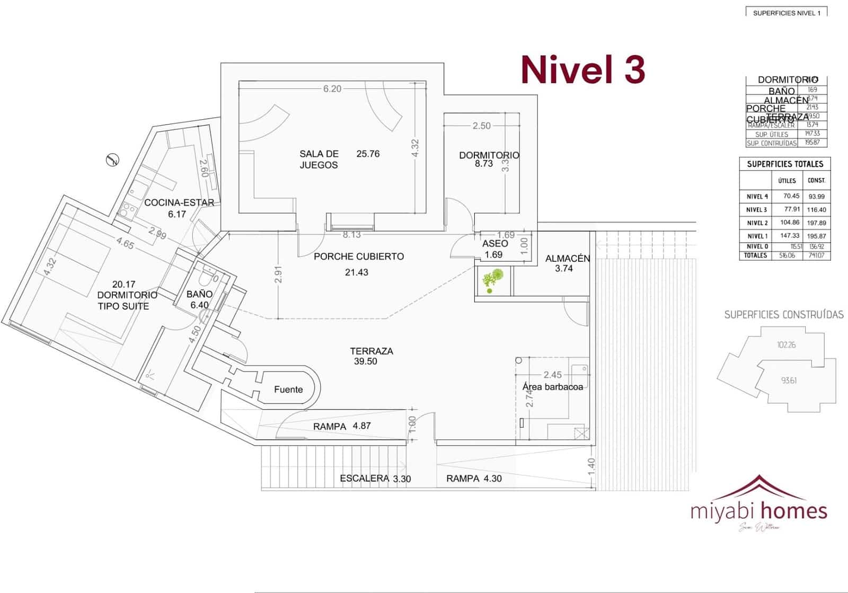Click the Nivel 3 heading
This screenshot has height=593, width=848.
point(583,69)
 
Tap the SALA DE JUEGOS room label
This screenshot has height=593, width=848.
point(319,159)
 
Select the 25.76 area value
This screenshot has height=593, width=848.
point(368,154)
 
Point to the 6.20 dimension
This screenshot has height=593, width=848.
point(332,89)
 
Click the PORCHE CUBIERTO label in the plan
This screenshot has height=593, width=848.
point(359,256)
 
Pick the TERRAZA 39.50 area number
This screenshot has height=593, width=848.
point(366,361)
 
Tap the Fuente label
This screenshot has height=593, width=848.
point(288,390)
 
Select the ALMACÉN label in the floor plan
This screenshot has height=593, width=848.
point(568,259)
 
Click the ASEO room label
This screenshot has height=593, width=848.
point(495,244)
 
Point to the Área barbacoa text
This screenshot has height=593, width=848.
point(552,387)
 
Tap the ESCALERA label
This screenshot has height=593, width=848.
point(364,479)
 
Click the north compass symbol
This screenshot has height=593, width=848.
point(112,160)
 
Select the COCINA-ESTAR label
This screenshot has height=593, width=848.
point(179,202)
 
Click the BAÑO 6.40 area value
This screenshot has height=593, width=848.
point(199,305)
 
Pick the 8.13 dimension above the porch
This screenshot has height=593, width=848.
point(351,234)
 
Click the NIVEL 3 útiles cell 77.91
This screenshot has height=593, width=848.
point(792,209)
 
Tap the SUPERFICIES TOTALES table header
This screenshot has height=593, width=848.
point(785,164)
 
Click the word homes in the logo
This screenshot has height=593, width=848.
point(793,511)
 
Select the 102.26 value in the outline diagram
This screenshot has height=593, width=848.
point(786,345)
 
